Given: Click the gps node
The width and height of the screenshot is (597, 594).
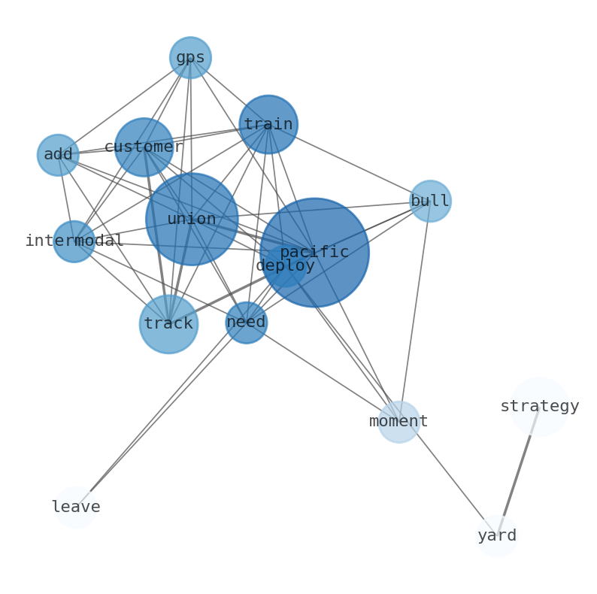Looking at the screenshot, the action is point(190,57).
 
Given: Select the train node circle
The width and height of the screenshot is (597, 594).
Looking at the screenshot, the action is point(268,124).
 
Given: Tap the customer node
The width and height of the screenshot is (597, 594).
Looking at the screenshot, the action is point(144,147).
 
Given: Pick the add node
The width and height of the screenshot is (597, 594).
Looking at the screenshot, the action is point(58,155).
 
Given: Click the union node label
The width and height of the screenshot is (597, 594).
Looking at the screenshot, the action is point(192,219).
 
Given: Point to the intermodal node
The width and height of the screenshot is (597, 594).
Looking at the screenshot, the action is point(74,241).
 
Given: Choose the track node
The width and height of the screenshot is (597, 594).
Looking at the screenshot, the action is point(168,324).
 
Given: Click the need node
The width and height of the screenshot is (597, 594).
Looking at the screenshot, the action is point(247,323).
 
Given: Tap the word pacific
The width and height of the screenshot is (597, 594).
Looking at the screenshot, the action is point(314,252).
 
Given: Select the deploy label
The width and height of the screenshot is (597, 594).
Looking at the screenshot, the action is point(286,265).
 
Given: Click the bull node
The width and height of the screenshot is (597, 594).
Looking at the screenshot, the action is point(430,201).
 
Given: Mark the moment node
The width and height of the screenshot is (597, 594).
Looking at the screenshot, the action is point(399,422).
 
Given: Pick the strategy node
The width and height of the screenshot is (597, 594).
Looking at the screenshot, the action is point(540,407).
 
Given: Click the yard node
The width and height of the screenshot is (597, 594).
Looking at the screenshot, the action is point(497,536).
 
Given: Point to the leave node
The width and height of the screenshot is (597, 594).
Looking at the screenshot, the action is point(76,508).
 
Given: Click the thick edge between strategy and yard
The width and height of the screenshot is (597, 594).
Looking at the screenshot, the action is point(518,471).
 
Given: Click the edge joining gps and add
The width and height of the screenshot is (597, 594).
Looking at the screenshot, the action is point(124,106).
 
